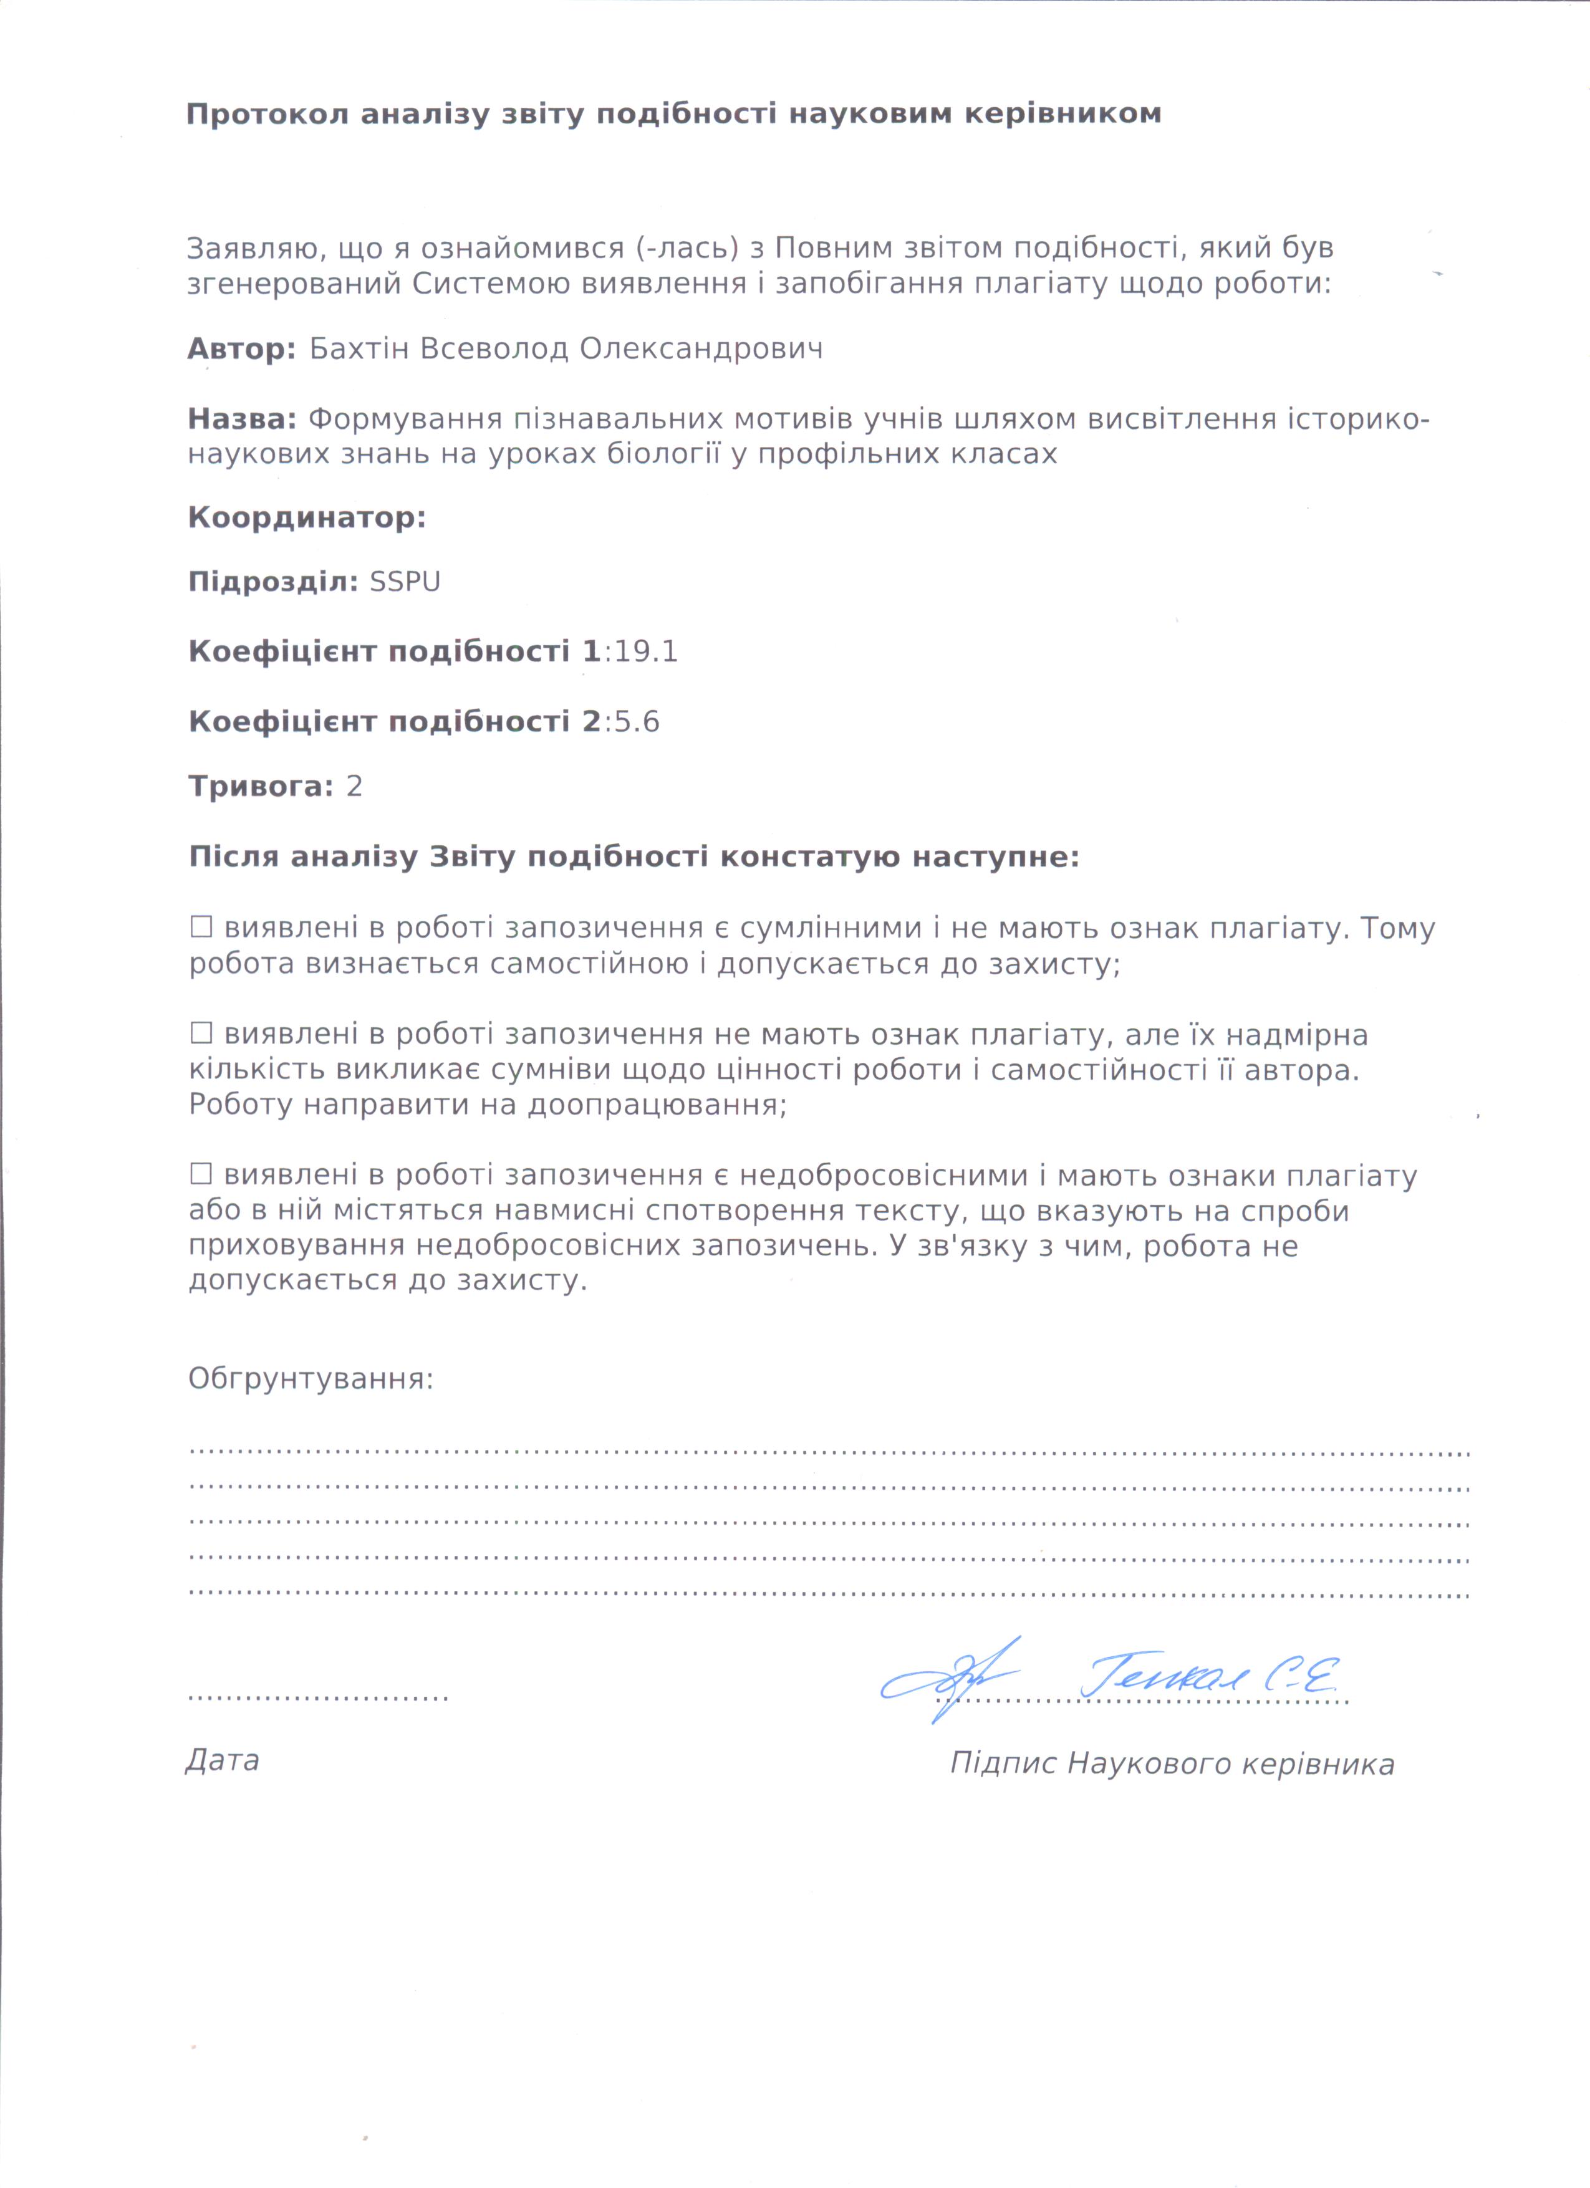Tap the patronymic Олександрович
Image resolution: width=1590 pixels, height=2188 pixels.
coord(701,348)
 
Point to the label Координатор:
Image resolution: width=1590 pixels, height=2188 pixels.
coord(307,518)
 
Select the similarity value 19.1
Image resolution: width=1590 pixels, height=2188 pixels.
coord(645,652)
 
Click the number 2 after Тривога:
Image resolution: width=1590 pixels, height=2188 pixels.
coord(354,786)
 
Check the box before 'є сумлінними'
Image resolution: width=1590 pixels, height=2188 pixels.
coord(201,927)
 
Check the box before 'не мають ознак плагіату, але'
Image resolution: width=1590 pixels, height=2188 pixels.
coord(201,1034)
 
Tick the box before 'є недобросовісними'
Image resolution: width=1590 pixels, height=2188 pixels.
coord(201,1174)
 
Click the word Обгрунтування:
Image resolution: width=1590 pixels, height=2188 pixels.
coord(311,1379)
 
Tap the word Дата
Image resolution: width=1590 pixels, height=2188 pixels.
coord(222,1760)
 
